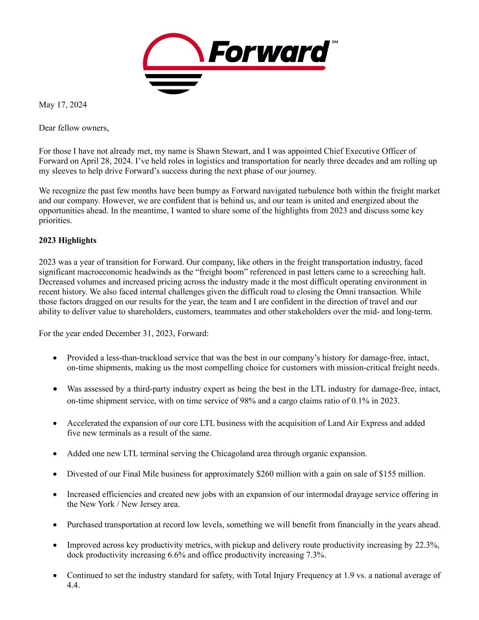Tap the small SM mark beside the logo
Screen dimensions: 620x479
(x=335, y=42)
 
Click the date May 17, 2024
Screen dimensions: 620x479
(x=63, y=105)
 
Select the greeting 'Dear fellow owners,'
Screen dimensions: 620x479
(x=74, y=128)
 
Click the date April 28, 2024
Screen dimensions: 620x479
(x=101, y=161)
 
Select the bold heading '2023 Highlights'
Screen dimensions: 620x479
(x=68, y=240)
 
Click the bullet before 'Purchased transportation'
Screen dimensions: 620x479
(x=55, y=525)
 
